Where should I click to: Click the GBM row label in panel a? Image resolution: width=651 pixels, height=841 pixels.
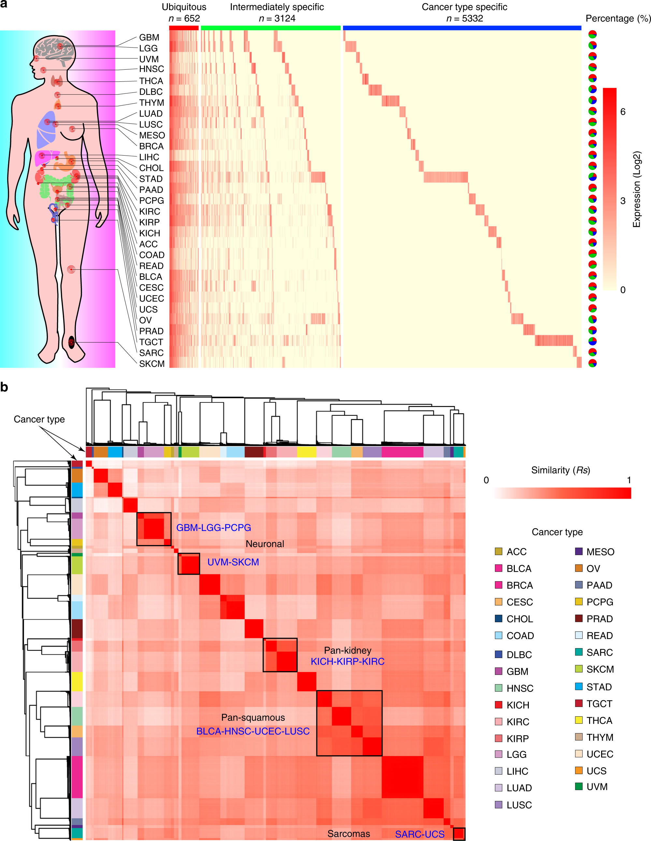tap(149, 37)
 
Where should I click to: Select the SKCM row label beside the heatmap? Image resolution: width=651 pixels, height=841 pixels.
tap(152, 364)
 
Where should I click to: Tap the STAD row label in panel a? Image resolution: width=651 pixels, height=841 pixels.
tap(151, 179)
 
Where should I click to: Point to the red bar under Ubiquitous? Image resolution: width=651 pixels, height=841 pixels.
tap(183, 28)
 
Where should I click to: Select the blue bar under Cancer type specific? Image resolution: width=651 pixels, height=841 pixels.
tap(462, 28)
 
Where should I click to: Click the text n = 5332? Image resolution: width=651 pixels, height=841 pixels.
tap(464, 19)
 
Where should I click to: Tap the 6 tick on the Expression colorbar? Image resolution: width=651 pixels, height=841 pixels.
tap(622, 112)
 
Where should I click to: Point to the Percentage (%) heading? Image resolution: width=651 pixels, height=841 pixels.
tap(618, 19)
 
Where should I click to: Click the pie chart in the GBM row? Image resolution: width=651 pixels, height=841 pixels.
tap(592, 34)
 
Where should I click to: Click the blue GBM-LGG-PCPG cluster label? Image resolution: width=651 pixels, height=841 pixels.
tap(213, 527)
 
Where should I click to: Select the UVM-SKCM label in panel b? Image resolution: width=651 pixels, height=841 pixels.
tap(233, 562)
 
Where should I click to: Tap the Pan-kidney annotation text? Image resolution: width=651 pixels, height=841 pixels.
tap(347, 651)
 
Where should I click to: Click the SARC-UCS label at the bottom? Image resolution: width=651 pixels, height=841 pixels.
tap(419, 834)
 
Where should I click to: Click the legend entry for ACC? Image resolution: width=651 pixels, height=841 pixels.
tap(516, 552)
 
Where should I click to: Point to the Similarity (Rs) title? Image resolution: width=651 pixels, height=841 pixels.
tap(560, 470)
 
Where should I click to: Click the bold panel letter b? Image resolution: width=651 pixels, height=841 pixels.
tap(4, 387)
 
